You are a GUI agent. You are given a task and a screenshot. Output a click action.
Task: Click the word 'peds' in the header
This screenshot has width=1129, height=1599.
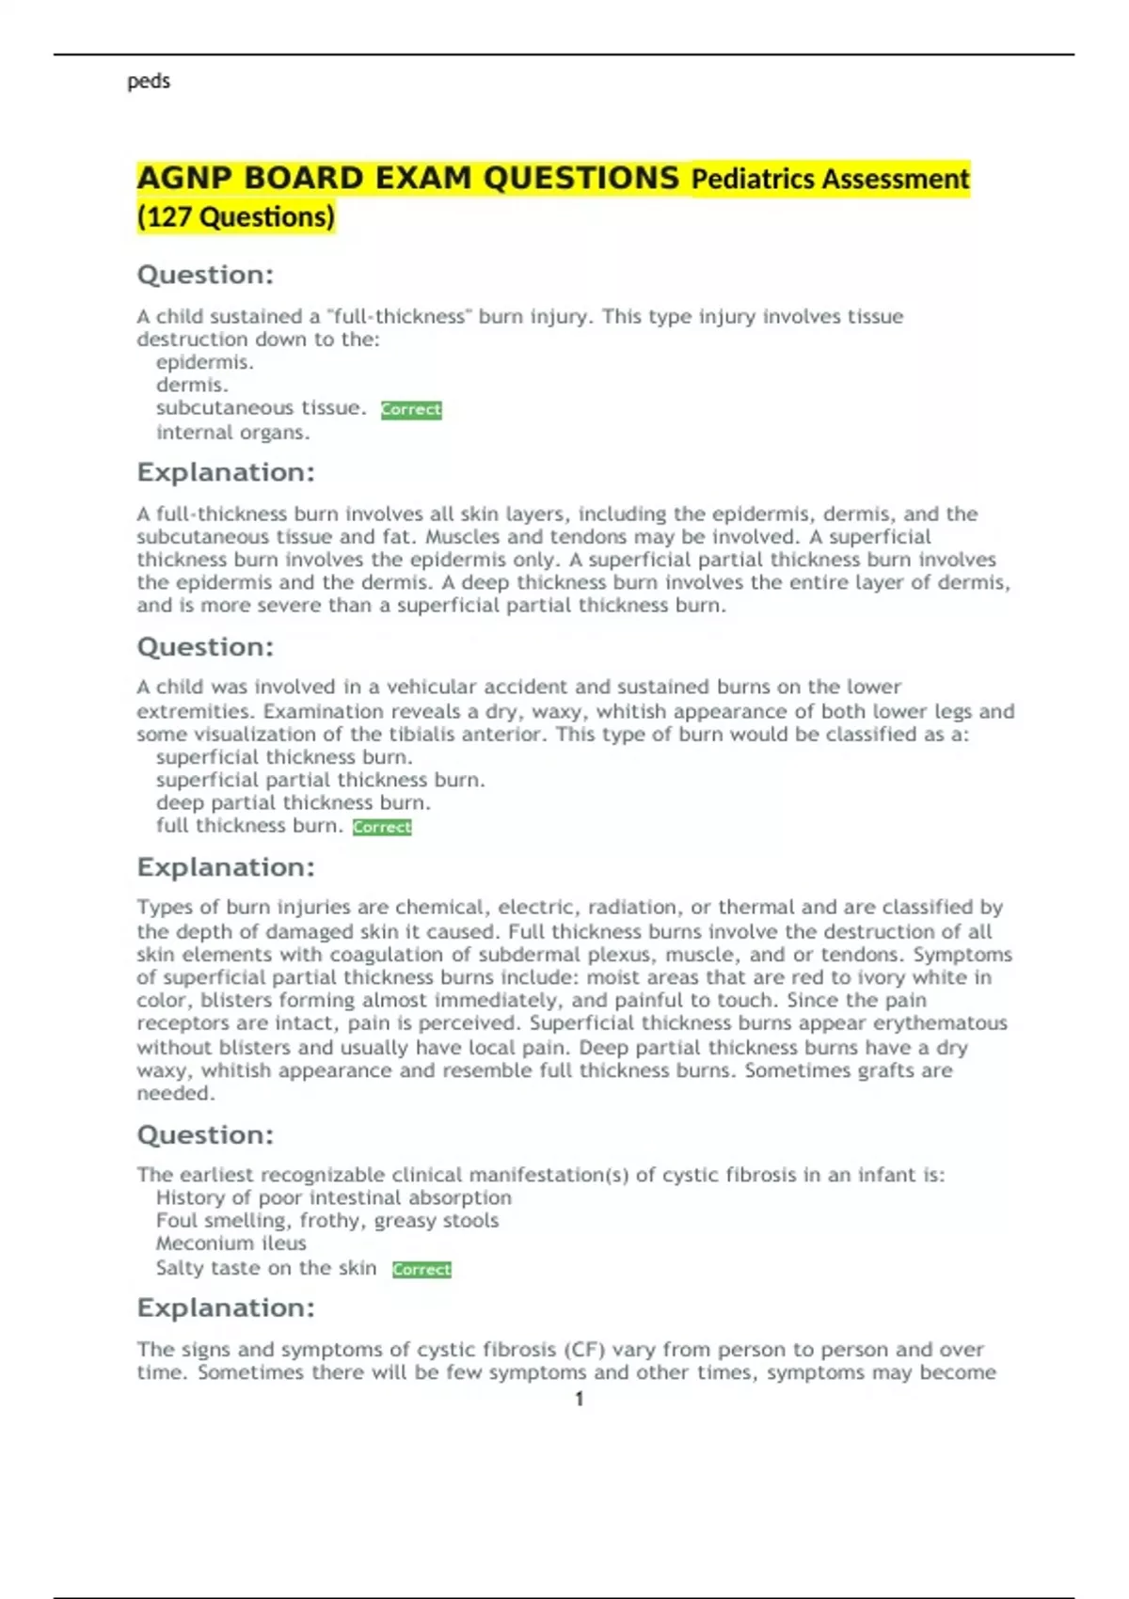(149, 82)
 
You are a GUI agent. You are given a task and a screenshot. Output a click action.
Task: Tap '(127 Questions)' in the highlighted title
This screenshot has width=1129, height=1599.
(236, 217)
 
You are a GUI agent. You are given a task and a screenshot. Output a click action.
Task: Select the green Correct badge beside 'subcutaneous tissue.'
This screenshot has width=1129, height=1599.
(411, 410)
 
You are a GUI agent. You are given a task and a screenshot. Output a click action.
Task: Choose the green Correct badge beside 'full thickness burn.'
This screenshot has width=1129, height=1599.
(382, 828)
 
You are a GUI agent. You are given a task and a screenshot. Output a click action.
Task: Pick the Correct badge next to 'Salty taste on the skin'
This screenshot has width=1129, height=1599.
(421, 1270)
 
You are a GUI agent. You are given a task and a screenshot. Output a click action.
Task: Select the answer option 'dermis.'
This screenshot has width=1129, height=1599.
(192, 385)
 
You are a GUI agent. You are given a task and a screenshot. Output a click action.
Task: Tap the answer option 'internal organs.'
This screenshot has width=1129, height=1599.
(232, 433)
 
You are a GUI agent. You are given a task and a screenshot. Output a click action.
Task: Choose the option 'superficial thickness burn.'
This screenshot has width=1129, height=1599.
(284, 757)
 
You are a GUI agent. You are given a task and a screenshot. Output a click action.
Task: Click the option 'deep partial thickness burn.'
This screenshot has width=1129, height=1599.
(293, 802)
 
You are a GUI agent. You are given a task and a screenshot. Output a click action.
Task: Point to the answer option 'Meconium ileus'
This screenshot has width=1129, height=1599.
(231, 1243)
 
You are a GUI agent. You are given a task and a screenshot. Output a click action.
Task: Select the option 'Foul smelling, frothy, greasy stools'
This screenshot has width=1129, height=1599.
(327, 1221)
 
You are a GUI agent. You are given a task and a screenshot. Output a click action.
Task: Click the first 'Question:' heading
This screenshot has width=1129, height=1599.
(205, 276)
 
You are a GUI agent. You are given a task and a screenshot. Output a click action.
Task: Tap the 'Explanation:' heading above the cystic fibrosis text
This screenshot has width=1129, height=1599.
(226, 1308)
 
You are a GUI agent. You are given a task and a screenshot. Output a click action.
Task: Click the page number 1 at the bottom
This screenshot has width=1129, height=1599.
(579, 1399)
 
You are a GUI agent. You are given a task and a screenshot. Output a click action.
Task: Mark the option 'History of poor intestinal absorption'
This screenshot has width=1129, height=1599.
(334, 1198)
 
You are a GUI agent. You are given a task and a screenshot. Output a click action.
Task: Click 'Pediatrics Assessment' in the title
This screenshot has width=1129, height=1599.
(830, 180)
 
